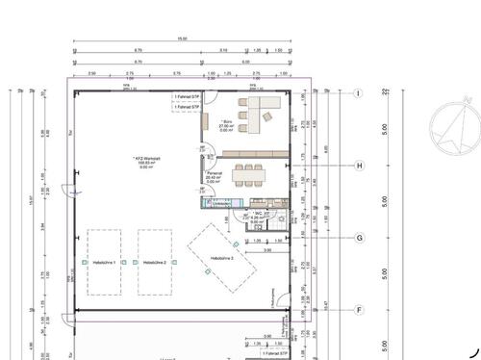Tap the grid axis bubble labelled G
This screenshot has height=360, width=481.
point(359,237)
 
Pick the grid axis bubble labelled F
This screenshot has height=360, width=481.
point(359,310)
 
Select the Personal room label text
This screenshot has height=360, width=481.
point(214,176)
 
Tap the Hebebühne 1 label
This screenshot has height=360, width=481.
point(104,262)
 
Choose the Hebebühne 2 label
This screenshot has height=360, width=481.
point(155,262)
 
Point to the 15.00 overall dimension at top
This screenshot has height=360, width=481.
point(181,39)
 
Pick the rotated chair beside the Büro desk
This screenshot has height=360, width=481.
point(244,125)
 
